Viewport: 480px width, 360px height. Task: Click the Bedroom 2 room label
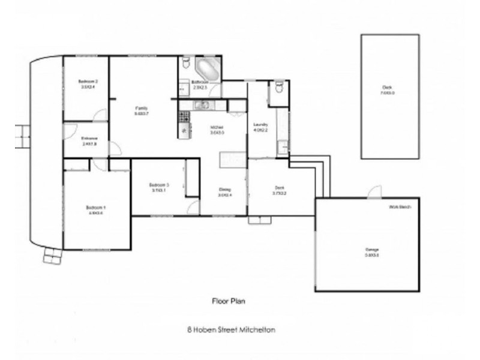point(88,81)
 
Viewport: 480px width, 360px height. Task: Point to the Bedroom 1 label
point(96,208)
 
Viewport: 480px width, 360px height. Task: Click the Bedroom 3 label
point(159,185)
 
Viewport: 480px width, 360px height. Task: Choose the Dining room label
point(224,190)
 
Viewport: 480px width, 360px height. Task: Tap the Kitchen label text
point(217,127)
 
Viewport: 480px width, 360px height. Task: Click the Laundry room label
point(260,125)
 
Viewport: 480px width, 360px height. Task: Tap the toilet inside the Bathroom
point(185,63)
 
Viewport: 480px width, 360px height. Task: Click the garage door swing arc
point(374,191)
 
